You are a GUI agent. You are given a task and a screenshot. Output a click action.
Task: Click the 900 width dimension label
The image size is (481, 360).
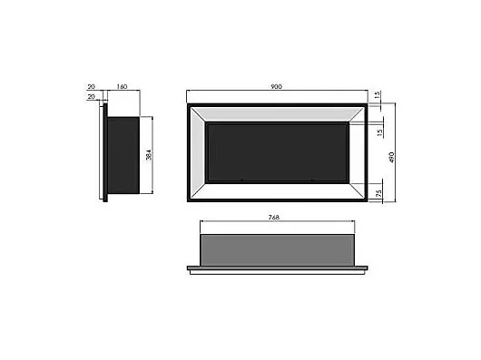(x=277, y=87)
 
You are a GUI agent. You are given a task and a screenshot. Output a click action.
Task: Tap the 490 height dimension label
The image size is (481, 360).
(x=393, y=155)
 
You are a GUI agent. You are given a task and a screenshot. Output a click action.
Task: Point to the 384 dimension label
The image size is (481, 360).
(x=147, y=155)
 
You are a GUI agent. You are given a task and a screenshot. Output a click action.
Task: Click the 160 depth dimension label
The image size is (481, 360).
(x=122, y=87)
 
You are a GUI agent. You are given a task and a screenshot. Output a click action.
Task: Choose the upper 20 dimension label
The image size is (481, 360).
(x=92, y=87)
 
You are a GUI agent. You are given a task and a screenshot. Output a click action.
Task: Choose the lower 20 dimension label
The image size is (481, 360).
(x=92, y=97)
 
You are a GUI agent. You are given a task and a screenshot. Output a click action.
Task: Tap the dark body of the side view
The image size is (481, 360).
(x=123, y=155)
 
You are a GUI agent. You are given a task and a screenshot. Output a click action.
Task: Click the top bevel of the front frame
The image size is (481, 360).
(x=277, y=114)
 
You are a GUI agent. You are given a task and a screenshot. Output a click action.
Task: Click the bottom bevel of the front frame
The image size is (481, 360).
(x=277, y=192)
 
